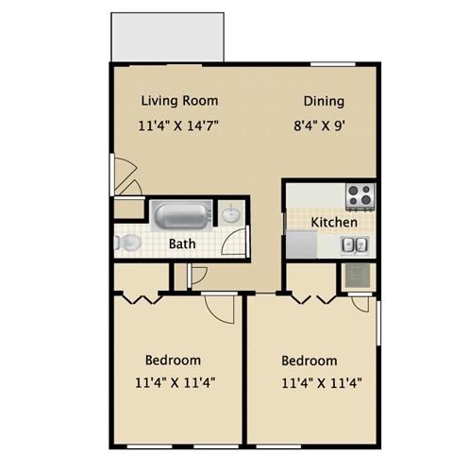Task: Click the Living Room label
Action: point(179,100)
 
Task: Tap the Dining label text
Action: point(323,101)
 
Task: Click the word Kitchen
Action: point(334,223)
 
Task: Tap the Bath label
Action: point(182,243)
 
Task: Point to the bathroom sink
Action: point(232,215)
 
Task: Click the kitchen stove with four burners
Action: point(359,195)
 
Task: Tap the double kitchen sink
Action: point(354,245)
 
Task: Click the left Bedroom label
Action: point(173,360)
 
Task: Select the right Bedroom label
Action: point(310,361)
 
